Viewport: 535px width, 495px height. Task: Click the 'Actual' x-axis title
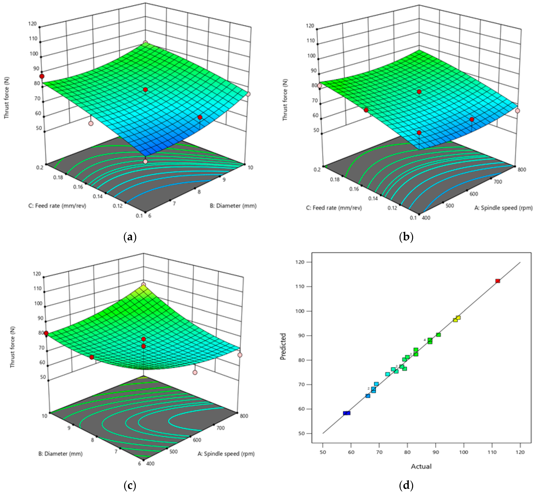pos(421,466)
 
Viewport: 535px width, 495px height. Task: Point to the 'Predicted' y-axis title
pos(283,346)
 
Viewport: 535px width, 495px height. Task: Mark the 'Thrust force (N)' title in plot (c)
pos(12,347)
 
